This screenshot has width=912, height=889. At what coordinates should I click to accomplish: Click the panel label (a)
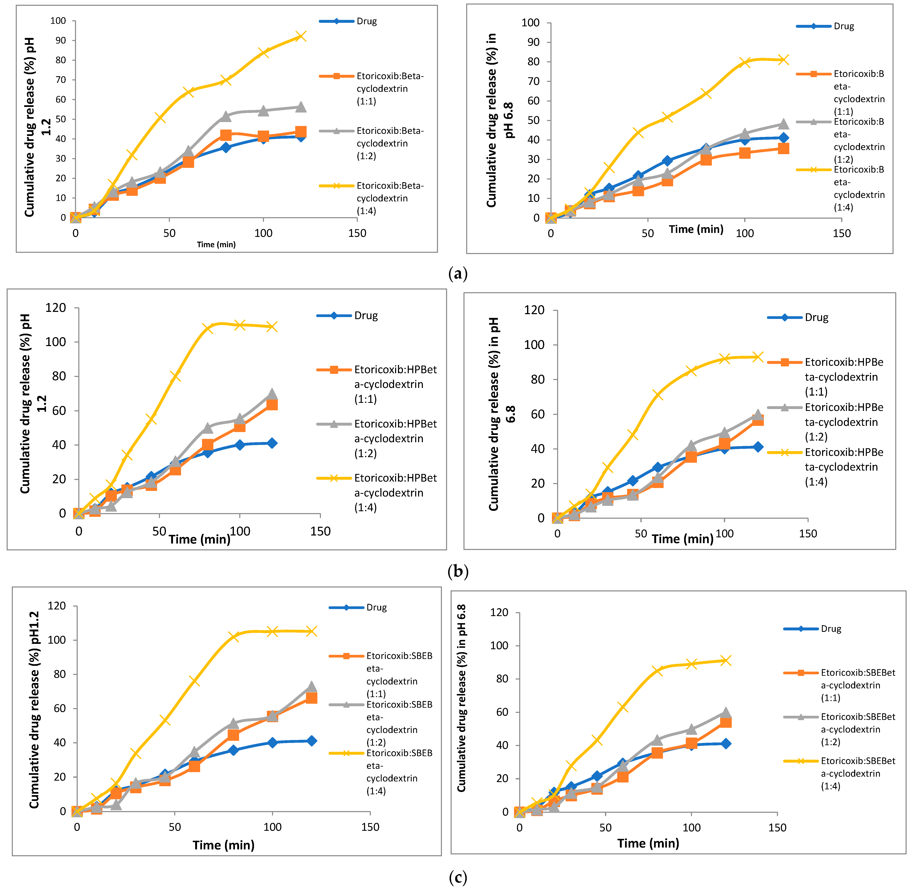pos(457,274)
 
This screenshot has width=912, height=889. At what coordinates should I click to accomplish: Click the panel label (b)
pos(457,572)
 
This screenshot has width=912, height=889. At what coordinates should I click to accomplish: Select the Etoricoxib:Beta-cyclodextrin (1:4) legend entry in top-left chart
pos(390,198)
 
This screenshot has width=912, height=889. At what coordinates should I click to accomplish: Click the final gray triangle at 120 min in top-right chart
pos(783,124)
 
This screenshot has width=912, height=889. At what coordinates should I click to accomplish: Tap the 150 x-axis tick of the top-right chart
pos(842,234)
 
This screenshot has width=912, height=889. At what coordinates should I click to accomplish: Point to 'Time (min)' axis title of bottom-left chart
pos(224,845)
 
